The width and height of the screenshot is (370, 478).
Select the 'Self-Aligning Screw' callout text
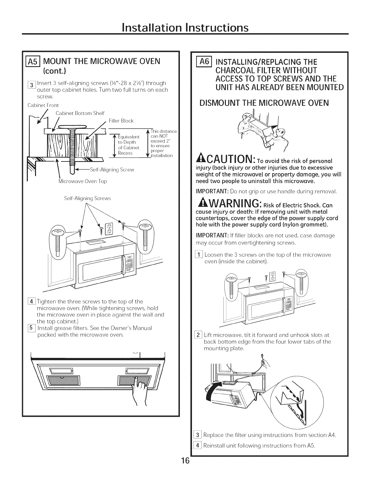112,170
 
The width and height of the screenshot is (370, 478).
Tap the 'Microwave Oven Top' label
83,181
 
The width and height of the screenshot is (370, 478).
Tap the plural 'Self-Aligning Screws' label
88,198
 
